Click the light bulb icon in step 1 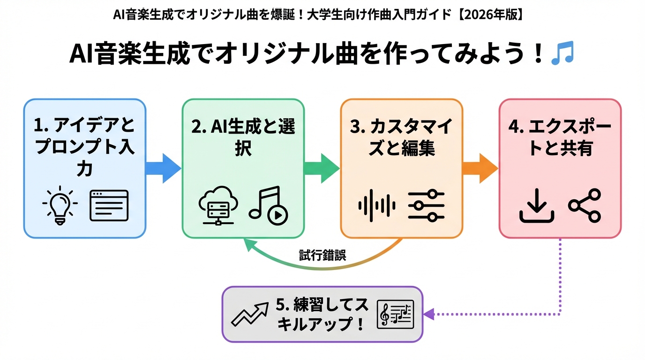click(60, 206)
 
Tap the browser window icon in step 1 click(109, 205)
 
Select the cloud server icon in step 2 click(217, 206)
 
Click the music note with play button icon click(269, 205)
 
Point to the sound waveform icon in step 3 click(376, 205)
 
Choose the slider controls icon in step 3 click(426, 205)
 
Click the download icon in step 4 click(537, 206)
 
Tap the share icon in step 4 click(584, 205)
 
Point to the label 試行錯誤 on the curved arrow click(322, 255)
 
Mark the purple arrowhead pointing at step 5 click(428, 314)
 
